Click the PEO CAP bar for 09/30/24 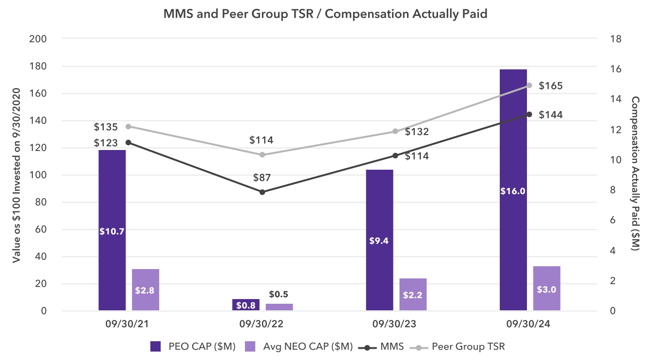(513, 141)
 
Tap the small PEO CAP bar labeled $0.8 (246, 305)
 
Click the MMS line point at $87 (262, 192)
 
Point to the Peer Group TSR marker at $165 (529, 85)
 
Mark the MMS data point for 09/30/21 (128, 142)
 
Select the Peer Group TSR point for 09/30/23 (395, 131)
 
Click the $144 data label (550, 115)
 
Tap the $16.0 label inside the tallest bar (513, 191)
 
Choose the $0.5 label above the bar (278, 294)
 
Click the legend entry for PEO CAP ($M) (192, 347)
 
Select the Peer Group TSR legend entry (457, 347)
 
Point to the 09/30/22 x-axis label (262, 324)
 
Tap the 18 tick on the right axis (615, 38)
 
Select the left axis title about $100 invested (17, 174)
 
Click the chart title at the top (326, 14)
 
